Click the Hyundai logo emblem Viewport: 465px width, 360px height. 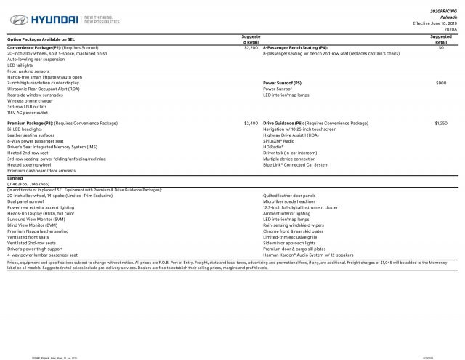15,20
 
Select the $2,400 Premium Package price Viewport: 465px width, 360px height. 251,124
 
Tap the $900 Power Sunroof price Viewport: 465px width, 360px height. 441,84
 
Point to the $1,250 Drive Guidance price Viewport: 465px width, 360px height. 441,124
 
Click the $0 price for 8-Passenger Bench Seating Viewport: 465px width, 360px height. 441,48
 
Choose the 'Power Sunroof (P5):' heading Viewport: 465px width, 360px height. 283,84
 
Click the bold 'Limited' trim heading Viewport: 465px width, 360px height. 15,178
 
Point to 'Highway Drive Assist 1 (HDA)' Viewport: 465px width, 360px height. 290,135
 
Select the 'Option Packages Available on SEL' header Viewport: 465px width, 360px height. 41,39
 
